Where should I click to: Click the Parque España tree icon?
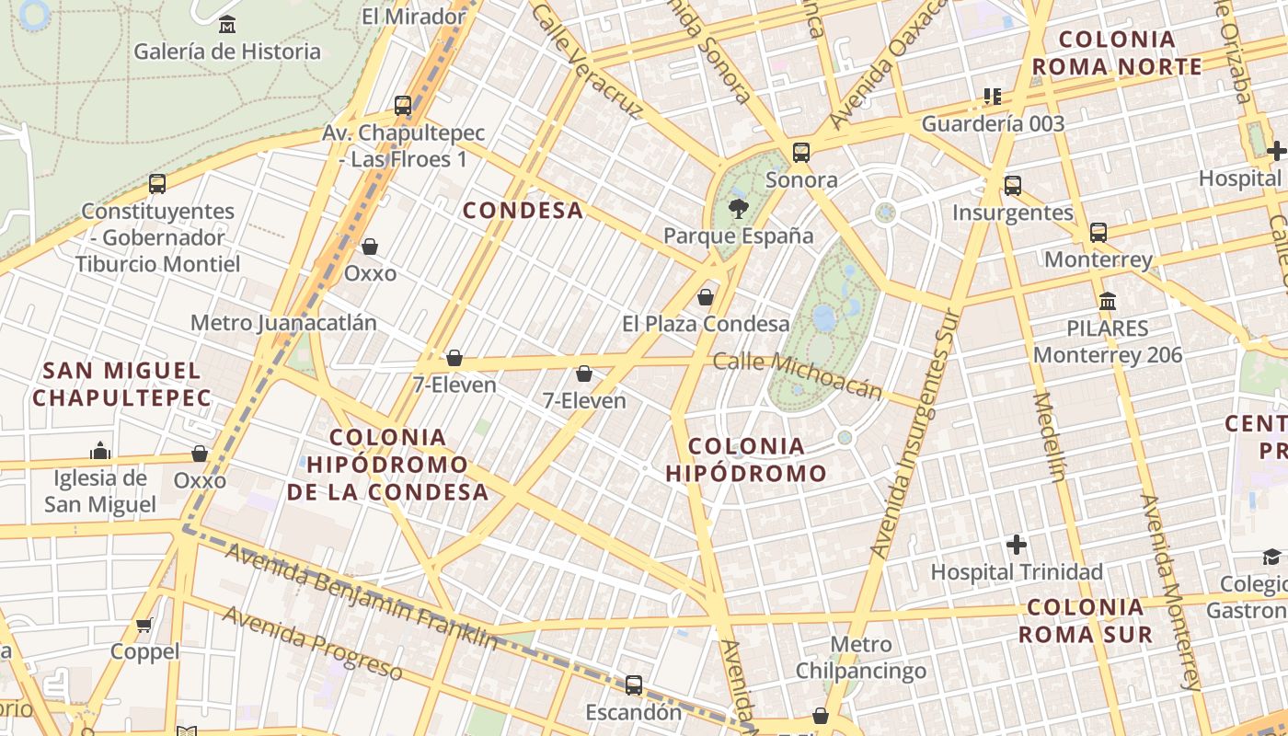737,209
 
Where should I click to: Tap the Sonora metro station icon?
801,153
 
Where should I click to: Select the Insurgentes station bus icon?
1013,186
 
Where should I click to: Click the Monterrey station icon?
1098,233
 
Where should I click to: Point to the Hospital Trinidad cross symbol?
1017,545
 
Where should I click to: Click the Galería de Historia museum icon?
226,25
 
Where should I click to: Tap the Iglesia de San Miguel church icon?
100,451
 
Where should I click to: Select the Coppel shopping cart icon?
144,626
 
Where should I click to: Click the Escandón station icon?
634,685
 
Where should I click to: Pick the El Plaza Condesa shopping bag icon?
706,297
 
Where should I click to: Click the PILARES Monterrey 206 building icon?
1108,302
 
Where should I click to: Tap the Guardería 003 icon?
993,97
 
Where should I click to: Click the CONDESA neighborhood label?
523,211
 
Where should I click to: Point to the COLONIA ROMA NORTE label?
1117,53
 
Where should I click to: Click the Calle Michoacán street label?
798,374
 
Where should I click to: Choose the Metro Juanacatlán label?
283,323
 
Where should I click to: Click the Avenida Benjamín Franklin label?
362,596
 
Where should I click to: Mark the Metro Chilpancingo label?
861,658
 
